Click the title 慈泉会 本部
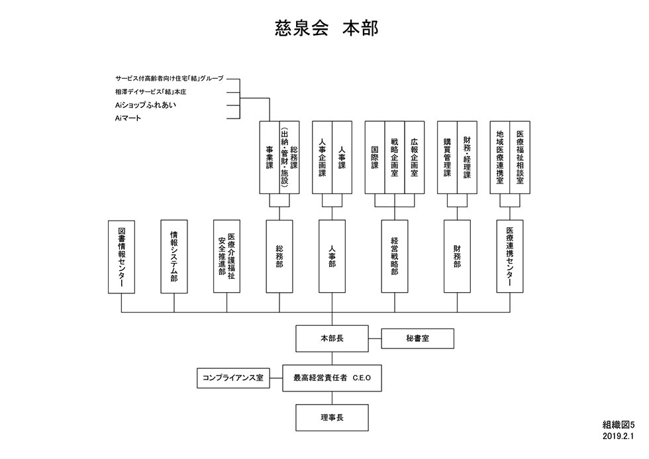click(x=326, y=28)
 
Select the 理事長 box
click(x=332, y=418)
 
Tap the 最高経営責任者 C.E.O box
click(x=332, y=378)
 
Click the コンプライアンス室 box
click(x=233, y=378)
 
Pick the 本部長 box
click(x=332, y=338)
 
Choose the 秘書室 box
click(x=418, y=338)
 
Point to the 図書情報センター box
click(x=121, y=256)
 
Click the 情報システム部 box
click(x=174, y=256)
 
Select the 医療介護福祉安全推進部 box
click(x=226, y=256)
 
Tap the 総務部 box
click(x=279, y=256)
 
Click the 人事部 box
click(x=332, y=256)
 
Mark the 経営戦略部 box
click(x=395, y=256)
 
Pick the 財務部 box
click(x=457, y=256)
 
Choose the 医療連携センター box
click(x=510, y=256)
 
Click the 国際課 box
click(x=375, y=157)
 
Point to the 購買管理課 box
click(x=447, y=157)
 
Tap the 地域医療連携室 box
click(x=499, y=157)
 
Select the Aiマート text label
click(x=128, y=118)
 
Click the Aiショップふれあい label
click(x=145, y=105)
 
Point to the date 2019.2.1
click(x=618, y=436)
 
